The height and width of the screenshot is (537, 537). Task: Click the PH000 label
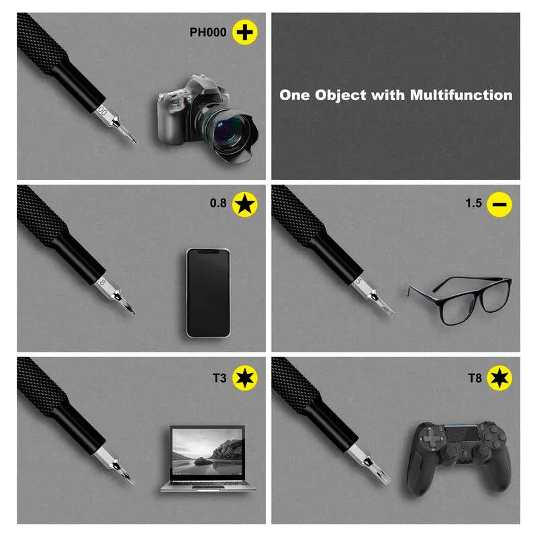[x=208, y=32]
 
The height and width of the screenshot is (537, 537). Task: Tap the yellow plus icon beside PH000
[x=245, y=32]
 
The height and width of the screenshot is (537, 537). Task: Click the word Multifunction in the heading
[x=461, y=95]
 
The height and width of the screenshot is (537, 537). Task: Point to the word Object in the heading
[x=340, y=95]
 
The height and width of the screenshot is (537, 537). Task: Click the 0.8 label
[x=218, y=203]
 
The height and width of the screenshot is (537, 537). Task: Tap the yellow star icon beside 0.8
[x=245, y=205]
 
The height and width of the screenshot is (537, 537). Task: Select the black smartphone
[x=208, y=293]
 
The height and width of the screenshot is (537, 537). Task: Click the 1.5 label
[x=474, y=203]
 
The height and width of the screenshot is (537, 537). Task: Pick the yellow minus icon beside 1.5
[x=499, y=205]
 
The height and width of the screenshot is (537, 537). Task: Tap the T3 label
[x=219, y=378]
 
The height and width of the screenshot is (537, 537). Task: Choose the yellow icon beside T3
[x=245, y=378]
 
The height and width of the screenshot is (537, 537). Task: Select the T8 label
[x=475, y=378]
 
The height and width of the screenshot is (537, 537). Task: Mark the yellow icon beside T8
[x=499, y=378]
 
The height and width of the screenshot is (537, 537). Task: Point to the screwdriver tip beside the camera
[x=136, y=142]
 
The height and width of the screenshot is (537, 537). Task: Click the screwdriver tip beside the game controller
[x=389, y=483]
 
